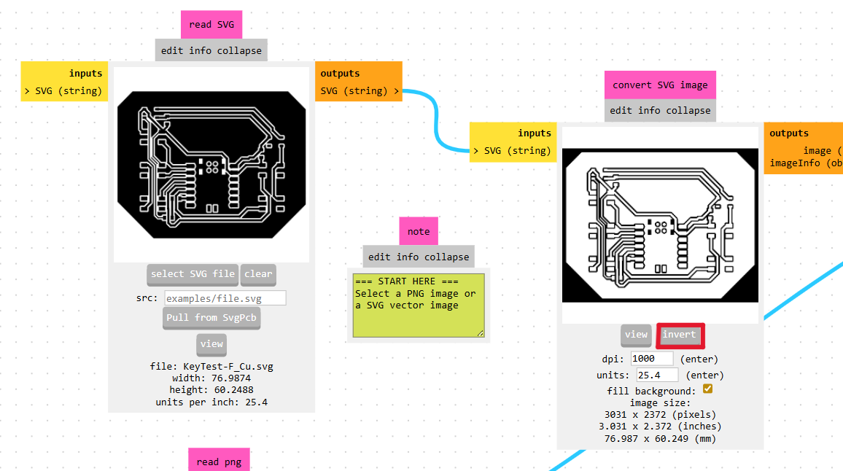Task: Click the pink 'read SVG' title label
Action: coord(211,24)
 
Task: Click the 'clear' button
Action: coord(258,274)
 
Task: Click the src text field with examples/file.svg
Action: coord(225,298)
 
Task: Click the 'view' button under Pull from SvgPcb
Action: coord(211,344)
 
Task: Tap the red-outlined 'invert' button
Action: coord(680,335)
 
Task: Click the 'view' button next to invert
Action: coord(636,335)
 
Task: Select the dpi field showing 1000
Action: coord(652,359)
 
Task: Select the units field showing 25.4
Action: coord(657,375)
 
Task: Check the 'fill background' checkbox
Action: coord(707,389)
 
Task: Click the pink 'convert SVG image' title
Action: coord(660,85)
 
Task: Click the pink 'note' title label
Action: coord(419,231)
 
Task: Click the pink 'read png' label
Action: coord(218,462)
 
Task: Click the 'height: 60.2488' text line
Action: coord(211,390)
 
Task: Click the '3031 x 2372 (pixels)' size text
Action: coord(660,414)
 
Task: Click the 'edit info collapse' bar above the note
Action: coord(419,257)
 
